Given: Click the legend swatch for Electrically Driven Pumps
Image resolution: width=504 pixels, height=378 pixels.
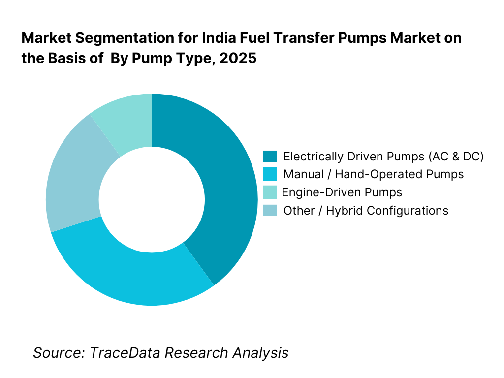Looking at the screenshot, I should (x=270, y=157).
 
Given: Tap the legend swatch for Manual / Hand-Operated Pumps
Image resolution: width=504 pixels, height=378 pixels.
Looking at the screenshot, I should (x=270, y=174).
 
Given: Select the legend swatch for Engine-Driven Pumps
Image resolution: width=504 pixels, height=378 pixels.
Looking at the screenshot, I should (x=270, y=192).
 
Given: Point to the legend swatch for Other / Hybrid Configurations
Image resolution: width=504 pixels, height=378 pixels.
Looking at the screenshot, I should (x=270, y=210).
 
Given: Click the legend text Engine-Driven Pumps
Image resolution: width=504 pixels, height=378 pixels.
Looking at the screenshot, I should (x=342, y=192).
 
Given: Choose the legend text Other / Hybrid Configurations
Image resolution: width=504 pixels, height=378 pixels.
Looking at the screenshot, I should (x=366, y=211).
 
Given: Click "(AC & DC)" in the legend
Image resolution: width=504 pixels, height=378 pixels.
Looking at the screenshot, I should (x=456, y=157).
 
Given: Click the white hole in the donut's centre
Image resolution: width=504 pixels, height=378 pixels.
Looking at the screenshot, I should (x=152, y=199).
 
